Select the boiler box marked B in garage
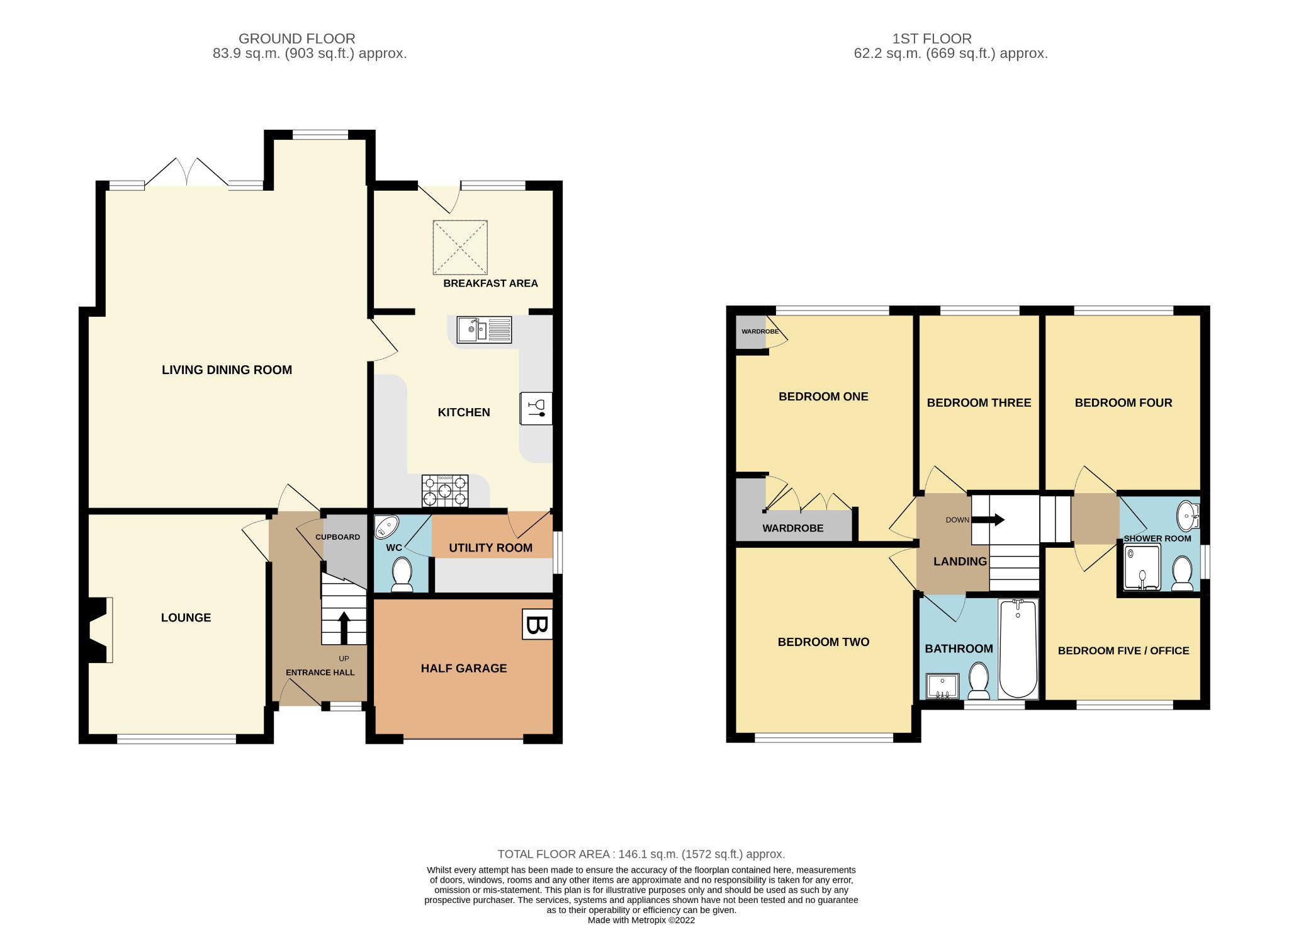click(x=537, y=625)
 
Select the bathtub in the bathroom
click(x=1018, y=649)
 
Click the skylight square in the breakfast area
click(x=460, y=247)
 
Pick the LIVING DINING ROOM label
click(x=227, y=370)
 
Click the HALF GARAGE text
click(x=464, y=669)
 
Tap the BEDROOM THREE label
click(x=979, y=403)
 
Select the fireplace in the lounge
click(x=98, y=630)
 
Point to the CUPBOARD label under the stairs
click(x=337, y=537)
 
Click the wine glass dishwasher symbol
click(x=536, y=409)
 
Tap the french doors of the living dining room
click(x=187, y=173)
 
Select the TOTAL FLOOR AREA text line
click(x=641, y=854)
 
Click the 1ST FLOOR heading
click(x=932, y=39)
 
